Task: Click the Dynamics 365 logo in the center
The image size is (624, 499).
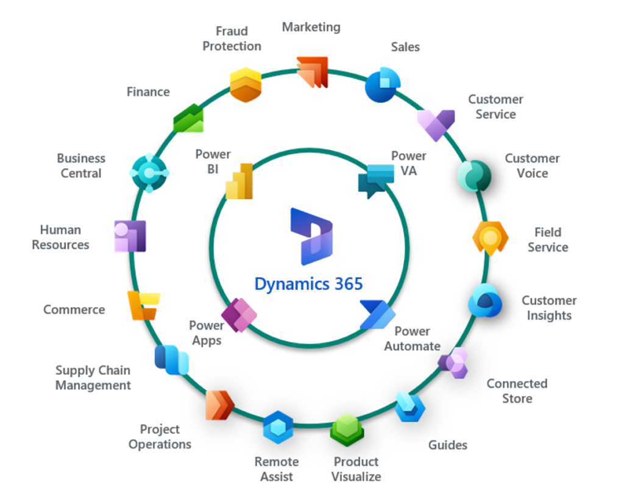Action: (x=311, y=232)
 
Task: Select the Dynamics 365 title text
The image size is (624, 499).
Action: (x=308, y=284)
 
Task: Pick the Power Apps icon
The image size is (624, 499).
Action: (x=239, y=315)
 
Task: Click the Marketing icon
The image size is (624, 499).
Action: (x=313, y=73)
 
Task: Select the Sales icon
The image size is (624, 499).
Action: (x=383, y=85)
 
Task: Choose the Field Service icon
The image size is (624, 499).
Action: (x=490, y=238)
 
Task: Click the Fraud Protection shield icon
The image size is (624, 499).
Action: (x=246, y=85)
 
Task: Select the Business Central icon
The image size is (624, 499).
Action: (x=149, y=172)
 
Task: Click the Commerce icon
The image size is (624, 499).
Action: (x=143, y=305)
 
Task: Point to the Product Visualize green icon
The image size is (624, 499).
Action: (x=347, y=430)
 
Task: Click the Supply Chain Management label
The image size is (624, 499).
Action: (x=93, y=378)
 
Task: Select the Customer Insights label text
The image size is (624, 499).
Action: (x=549, y=308)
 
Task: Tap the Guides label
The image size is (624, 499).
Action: (x=448, y=445)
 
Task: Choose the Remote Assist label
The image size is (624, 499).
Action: (x=277, y=469)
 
